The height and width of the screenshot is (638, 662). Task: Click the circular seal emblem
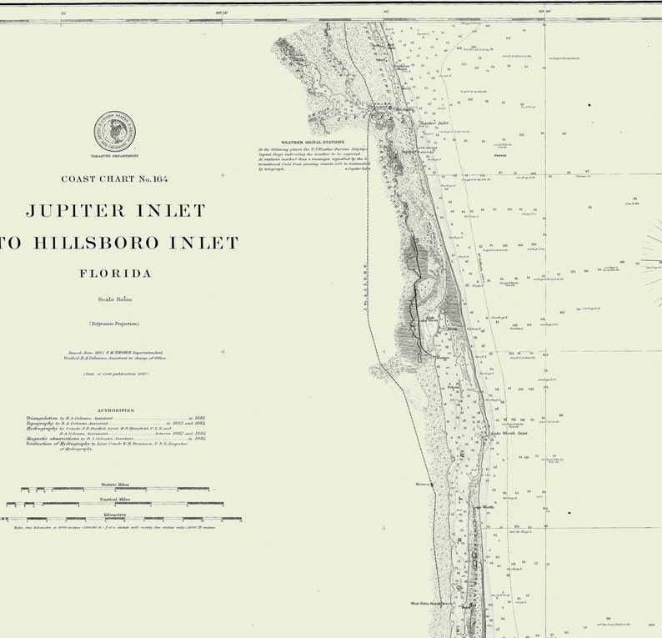click(x=116, y=133)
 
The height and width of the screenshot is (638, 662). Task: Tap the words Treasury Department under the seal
click(x=116, y=157)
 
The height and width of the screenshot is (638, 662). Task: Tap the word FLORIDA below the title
click(x=115, y=274)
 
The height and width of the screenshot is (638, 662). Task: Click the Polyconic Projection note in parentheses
click(x=115, y=323)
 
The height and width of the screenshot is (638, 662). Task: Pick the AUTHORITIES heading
click(x=115, y=410)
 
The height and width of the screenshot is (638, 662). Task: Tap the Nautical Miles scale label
click(x=115, y=498)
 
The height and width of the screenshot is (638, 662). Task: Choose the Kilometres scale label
click(x=115, y=514)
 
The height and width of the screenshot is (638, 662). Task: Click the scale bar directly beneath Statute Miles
click(x=115, y=489)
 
